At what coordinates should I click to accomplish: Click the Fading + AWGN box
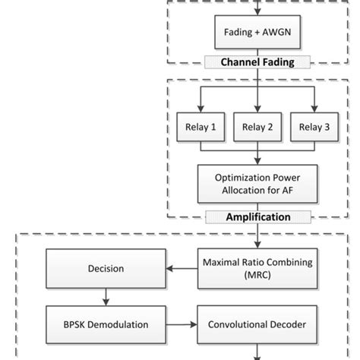click(260, 33)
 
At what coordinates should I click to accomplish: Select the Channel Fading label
click(260, 62)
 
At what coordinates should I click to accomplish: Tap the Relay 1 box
click(201, 127)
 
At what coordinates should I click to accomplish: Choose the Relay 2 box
click(260, 127)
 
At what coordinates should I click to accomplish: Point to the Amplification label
click(260, 217)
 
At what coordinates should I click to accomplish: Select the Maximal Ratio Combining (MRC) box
click(260, 268)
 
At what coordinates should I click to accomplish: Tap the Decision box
click(106, 268)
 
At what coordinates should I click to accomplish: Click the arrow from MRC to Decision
click(182, 268)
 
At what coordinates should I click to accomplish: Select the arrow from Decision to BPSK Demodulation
click(106, 297)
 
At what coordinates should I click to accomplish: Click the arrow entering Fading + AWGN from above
click(260, 9)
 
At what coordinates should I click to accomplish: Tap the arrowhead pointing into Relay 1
click(201, 109)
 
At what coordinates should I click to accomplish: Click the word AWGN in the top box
click(277, 33)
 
